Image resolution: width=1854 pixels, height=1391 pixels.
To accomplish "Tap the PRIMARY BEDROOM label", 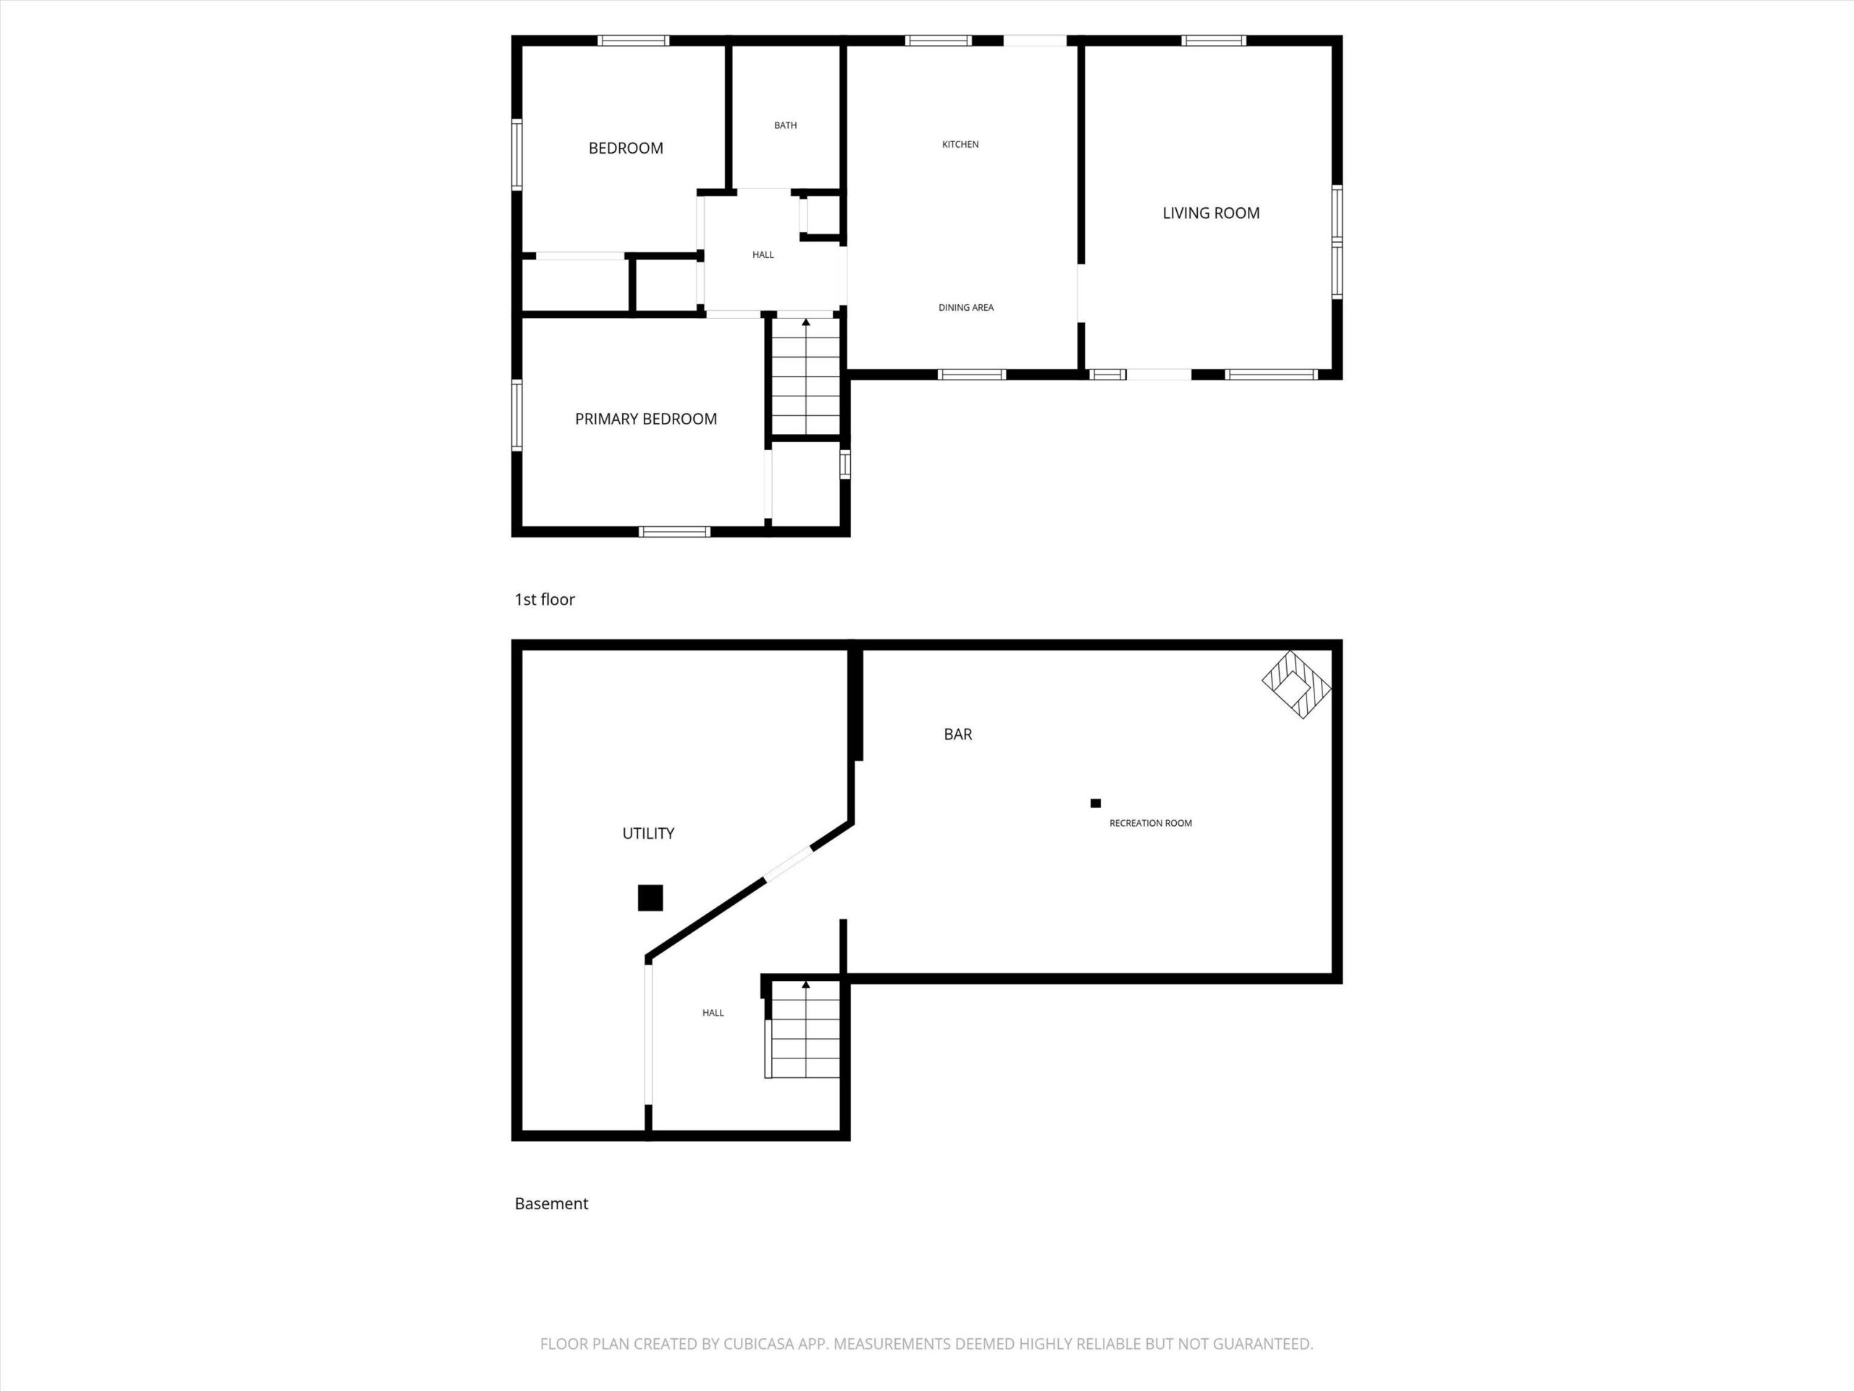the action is coord(645,419).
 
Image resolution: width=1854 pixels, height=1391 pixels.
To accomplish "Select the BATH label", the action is coord(785,126).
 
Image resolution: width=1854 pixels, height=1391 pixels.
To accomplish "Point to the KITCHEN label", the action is coord(960,144).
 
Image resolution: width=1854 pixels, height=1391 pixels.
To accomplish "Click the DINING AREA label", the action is coord(965,308).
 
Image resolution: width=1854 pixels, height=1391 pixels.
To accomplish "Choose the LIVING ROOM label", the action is coord(1210,213).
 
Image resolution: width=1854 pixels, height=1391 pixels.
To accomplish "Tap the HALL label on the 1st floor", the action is coord(763,255).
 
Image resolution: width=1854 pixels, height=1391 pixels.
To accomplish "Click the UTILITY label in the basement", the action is coord(648,833).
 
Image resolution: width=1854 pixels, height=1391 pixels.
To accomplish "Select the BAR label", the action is coord(957,735).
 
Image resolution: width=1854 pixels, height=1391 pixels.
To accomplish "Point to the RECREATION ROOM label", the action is coord(1150,823).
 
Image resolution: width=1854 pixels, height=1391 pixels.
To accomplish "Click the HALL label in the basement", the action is coord(713,1013).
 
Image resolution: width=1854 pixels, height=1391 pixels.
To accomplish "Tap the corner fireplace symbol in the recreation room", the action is coord(1296,685).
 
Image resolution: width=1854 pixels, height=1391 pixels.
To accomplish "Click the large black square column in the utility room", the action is coord(650,898).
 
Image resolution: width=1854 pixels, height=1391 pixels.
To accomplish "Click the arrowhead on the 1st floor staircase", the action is coord(805,322).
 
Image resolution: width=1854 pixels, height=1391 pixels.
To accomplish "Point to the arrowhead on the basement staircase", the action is coord(805,985).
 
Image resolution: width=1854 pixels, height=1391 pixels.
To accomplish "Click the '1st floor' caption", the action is coord(544,599).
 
